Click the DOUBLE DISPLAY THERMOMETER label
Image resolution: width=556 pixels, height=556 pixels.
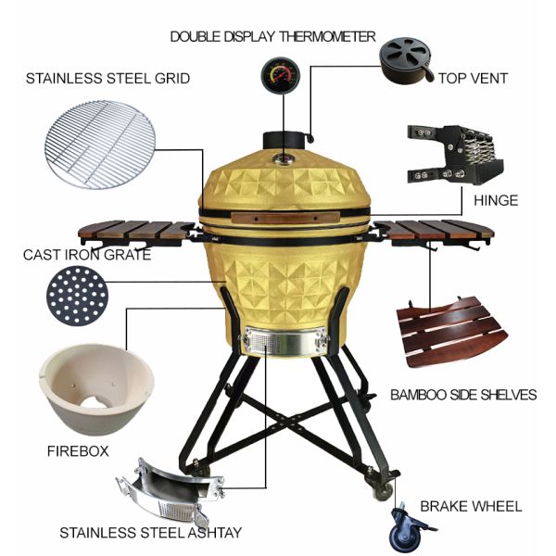pos(273,36)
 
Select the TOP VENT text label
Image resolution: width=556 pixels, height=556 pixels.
pos(473,79)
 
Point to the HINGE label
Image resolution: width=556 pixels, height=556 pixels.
pos(495,200)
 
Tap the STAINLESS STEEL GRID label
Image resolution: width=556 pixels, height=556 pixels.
pos(108,79)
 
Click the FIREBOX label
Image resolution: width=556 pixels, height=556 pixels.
pos(78,451)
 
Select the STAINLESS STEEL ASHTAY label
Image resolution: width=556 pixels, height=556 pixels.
pos(151,533)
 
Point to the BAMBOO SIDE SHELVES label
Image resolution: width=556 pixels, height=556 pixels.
pos(463,395)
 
